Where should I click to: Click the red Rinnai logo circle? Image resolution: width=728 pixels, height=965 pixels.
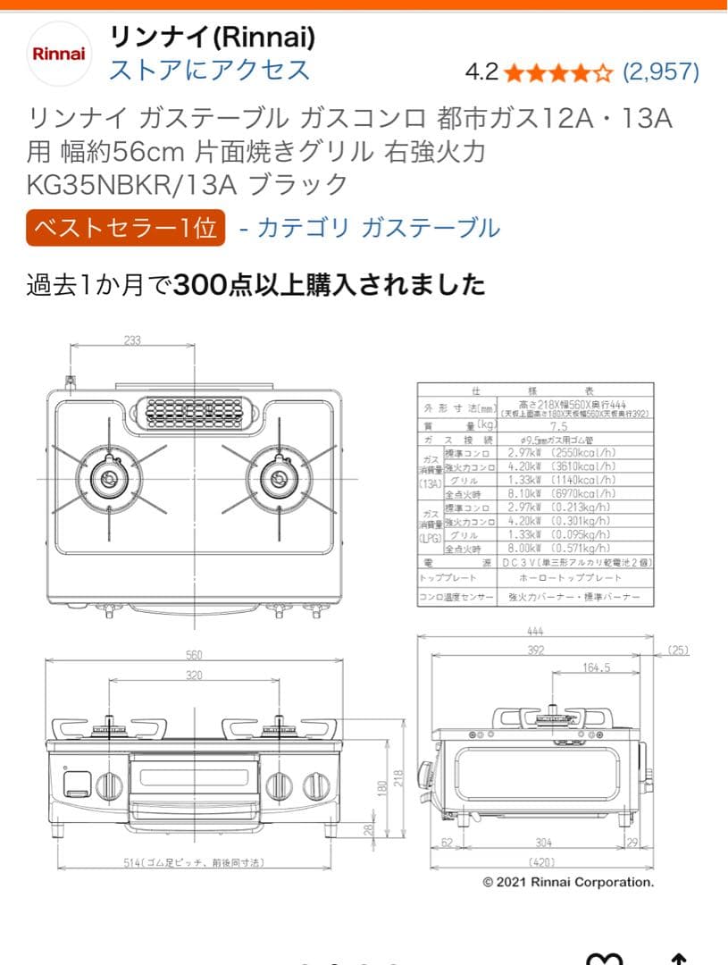[x=58, y=53]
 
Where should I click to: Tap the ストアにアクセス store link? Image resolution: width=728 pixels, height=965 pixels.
[x=209, y=70]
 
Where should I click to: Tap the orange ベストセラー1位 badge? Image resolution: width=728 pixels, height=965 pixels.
[x=125, y=228]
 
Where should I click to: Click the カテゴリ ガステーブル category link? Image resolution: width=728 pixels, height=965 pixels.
[x=378, y=228]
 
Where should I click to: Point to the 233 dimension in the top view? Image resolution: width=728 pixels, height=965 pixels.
[x=132, y=340]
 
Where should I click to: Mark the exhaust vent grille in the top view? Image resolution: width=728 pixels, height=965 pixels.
[x=194, y=413]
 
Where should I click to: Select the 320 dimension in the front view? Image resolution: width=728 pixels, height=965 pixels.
[x=194, y=675]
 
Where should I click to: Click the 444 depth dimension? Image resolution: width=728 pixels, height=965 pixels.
[x=535, y=632]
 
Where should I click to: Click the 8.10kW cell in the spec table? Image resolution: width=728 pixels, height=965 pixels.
[x=516, y=492]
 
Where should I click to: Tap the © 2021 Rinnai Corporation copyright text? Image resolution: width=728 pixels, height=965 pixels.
[x=568, y=882]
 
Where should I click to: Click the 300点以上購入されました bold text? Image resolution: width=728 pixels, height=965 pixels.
[x=331, y=285]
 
